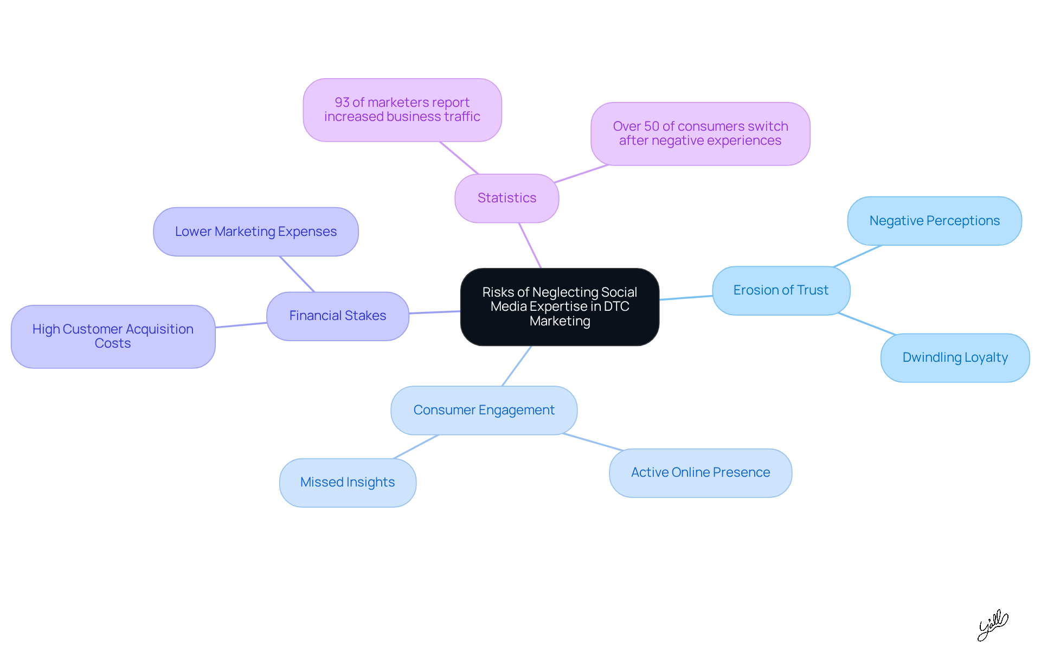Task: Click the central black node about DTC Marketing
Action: tap(560, 306)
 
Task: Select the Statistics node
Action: tap(506, 198)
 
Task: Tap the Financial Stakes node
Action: tap(337, 316)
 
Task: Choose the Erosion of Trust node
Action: tap(781, 290)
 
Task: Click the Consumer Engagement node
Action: tap(484, 410)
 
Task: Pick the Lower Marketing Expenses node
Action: tap(255, 232)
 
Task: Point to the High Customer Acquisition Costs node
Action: tap(113, 336)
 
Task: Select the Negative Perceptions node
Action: tap(934, 221)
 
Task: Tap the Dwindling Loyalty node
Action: tap(955, 357)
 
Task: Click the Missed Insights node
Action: tap(348, 482)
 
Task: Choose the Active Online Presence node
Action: tap(700, 472)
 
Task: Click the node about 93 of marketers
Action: tap(402, 110)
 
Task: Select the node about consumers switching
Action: tap(700, 133)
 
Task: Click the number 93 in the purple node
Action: tap(342, 103)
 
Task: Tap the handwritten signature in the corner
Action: tap(992, 625)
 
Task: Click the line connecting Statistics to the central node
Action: tap(530, 245)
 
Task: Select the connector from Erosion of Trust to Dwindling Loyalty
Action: tap(866, 324)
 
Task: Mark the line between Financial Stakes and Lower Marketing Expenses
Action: tap(297, 274)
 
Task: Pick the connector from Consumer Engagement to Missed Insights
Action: tap(416, 447)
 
